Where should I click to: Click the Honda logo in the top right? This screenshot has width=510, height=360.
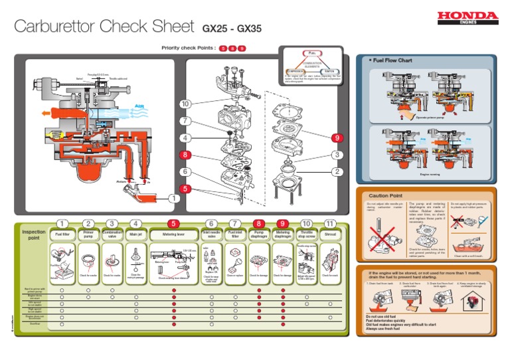467,17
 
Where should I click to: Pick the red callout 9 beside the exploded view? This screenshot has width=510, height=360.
337,137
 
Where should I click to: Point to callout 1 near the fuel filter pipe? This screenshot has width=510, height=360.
174,198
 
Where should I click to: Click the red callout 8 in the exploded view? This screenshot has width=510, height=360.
185,155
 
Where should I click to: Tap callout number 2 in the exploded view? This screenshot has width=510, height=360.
337,172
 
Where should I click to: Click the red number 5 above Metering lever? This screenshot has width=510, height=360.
173,224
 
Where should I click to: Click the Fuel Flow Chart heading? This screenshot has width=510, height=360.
392,60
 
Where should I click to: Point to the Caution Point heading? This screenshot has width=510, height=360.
386,196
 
